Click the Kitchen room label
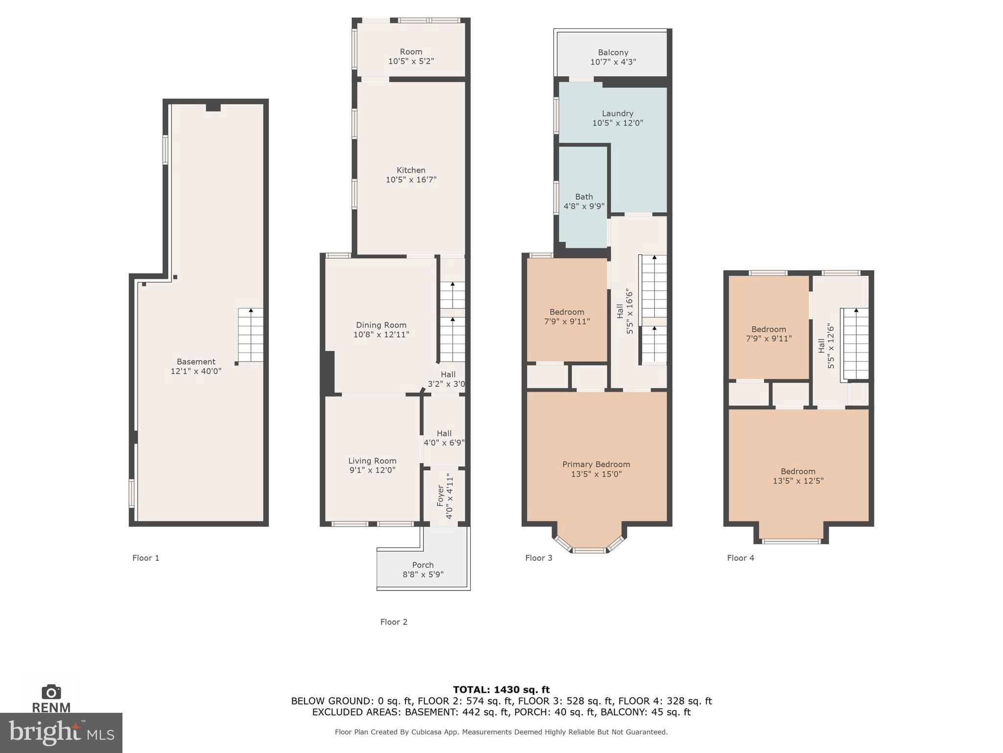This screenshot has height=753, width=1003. point(410,170)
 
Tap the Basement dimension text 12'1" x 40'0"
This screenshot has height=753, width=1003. point(196,372)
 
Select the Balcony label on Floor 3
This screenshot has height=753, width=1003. point(613,52)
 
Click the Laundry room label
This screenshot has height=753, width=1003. point(617,113)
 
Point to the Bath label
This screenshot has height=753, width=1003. point(584,197)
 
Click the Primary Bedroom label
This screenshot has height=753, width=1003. point(596,464)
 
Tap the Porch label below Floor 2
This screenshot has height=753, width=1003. point(423,565)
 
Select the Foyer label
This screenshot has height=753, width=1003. point(440,496)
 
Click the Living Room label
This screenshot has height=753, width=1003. point(372,460)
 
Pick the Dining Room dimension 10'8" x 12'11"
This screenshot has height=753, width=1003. point(381,334)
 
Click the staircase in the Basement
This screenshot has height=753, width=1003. point(251,335)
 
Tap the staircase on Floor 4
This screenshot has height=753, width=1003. point(856,343)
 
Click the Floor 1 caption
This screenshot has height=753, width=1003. point(145,558)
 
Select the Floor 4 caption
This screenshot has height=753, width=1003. point(740,558)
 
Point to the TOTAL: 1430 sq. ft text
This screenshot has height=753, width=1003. point(501,690)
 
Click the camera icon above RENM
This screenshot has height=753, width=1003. point(51,692)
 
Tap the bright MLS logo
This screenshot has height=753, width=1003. point(61,732)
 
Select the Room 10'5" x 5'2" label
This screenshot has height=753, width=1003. point(410,56)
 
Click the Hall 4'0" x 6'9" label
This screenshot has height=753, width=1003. point(444,438)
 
